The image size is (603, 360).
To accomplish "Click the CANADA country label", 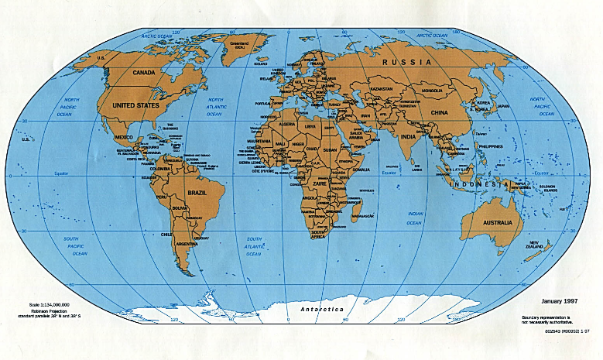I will (145, 73).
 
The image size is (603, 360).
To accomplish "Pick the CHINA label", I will (440, 112).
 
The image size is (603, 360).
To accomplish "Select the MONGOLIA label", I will (432, 91).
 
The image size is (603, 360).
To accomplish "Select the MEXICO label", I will (124, 137).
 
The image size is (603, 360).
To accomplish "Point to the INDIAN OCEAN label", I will (415, 218).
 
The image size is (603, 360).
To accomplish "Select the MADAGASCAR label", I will (364, 217).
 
